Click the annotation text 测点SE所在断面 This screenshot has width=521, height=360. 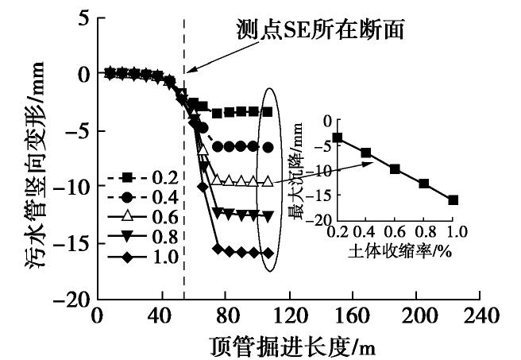tap(321, 30)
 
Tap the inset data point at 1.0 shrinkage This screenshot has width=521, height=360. tap(453, 199)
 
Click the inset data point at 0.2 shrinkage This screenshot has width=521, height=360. tap(338, 137)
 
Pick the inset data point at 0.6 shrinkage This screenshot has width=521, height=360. tap(395, 168)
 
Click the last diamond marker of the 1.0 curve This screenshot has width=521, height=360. tap(268, 254)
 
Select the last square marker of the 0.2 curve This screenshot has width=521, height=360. tap(268, 112)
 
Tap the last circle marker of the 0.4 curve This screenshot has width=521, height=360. tap(268, 147)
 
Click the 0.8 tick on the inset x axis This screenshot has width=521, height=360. tap(424, 231)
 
